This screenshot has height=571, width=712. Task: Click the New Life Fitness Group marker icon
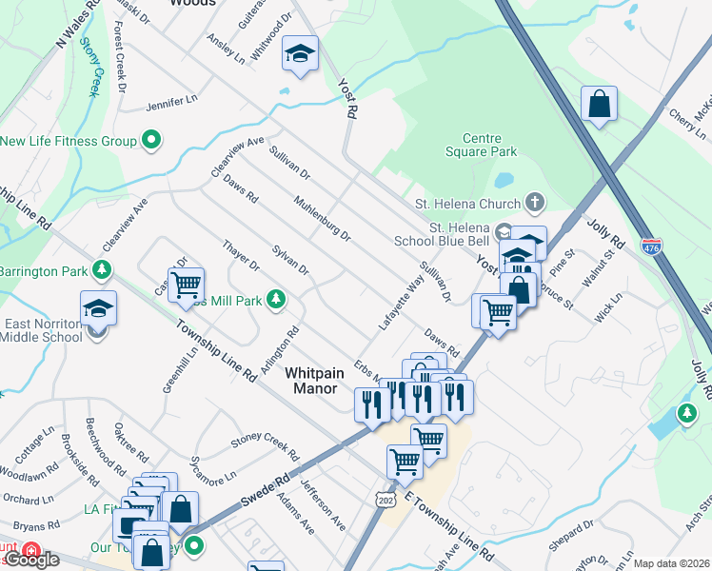(x=150, y=142)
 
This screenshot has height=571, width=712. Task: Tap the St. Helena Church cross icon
(x=535, y=203)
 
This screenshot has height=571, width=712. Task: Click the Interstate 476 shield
(x=651, y=246)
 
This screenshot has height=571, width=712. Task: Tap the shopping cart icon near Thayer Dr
(x=187, y=283)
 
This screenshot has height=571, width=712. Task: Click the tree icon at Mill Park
(x=276, y=300)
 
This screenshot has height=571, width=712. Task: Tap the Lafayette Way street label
(x=400, y=304)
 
